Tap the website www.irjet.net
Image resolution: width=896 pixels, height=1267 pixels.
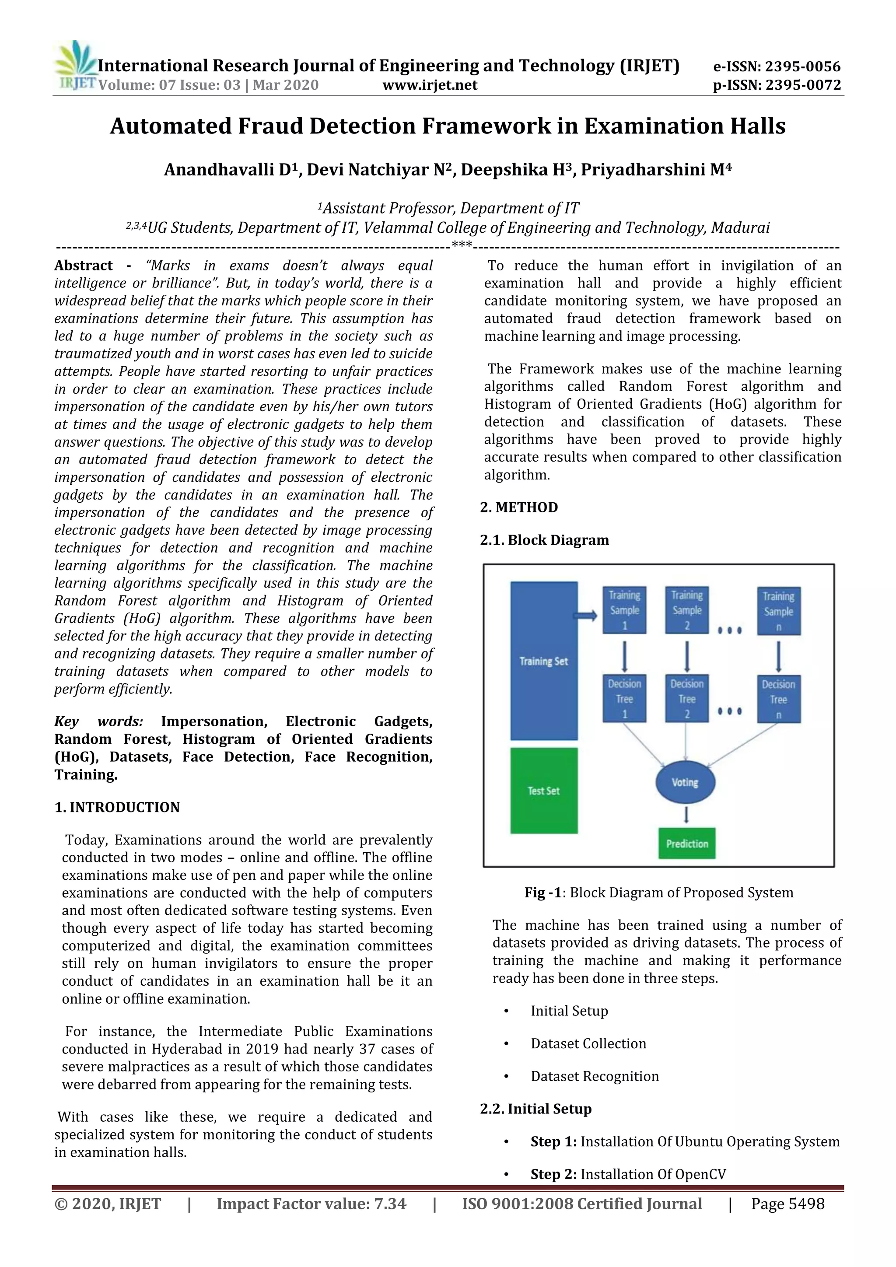430,85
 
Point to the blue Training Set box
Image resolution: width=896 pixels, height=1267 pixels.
543,661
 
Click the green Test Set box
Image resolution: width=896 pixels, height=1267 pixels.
543,790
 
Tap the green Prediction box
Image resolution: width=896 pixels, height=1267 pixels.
686,843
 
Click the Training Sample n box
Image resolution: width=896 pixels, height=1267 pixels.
778,612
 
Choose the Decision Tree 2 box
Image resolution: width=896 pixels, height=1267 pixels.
686,699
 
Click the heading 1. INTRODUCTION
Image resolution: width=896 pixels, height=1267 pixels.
117,807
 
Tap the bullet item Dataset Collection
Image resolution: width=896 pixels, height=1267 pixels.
588,1043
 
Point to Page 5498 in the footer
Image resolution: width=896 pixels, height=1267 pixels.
787,1204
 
